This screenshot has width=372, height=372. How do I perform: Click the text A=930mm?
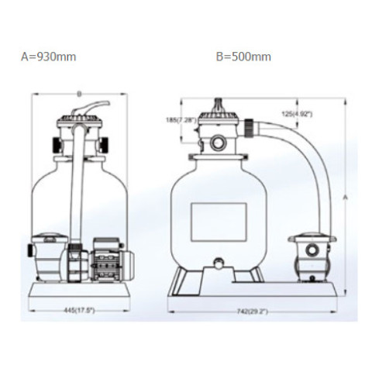point(49,57)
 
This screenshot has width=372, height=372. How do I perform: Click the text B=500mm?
point(243,57)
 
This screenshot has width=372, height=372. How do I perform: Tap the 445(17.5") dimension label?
point(79,310)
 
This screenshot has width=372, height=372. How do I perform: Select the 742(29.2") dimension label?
point(252,312)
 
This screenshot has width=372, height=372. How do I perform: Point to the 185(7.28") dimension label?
point(181,120)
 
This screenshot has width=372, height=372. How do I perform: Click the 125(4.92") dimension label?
point(297,114)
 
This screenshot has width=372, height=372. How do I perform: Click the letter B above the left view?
point(79,95)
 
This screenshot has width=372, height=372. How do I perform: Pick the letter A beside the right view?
point(346,198)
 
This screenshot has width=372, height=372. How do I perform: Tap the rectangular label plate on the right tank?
point(219,222)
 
